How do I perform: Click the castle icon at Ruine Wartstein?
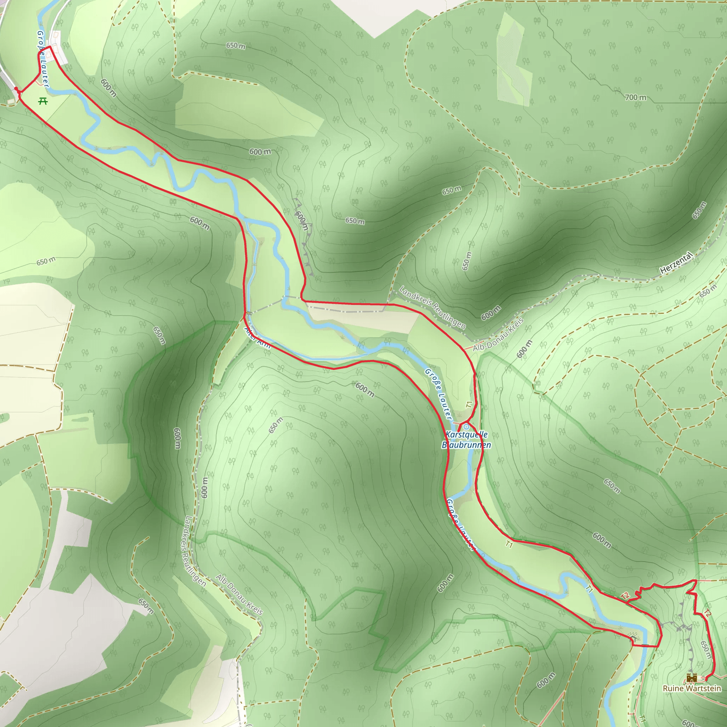click(x=691, y=678)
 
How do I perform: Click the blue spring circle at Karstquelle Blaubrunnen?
click(x=466, y=426)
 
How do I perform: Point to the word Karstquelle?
click(x=466, y=434)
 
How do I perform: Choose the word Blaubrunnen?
click(x=466, y=445)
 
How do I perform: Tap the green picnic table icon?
click(x=43, y=101)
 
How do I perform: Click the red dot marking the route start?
click(x=16, y=88)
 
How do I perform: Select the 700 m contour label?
click(x=635, y=98)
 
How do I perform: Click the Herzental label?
click(x=676, y=263)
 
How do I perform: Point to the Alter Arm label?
click(x=257, y=338)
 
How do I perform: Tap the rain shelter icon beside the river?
click(x=634, y=638)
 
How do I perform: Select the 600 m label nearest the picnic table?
click(x=109, y=88)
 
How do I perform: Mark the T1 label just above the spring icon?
click(x=469, y=405)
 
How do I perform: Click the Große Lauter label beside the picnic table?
click(x=43, y=59)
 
